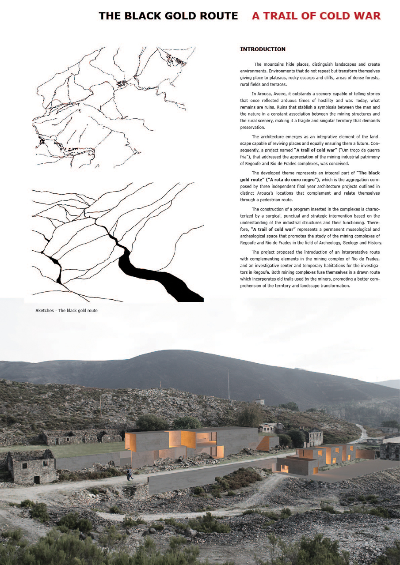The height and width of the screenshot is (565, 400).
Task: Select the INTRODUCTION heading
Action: pyautogui.click(x=263, y=49)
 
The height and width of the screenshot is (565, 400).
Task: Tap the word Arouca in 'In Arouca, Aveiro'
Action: pyautogui.click(x=265, y=94)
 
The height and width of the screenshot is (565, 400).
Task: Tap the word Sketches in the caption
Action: pyautogui.click(x=45, y=310)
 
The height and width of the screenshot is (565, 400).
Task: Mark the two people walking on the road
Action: pyautogui.click(x=130, y=475)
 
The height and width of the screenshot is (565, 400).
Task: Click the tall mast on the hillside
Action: pyautogui.click(x=229, y=384)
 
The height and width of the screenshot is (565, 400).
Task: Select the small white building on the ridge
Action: pyautogui.click(x=260, y=402)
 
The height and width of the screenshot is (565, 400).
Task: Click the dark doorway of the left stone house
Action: pyautogui.click(x=37, y=479)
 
